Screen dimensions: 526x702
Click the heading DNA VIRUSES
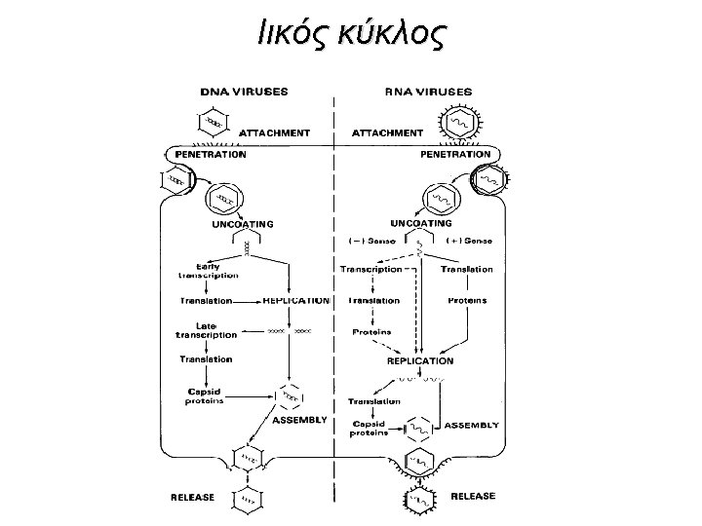click(243, 92)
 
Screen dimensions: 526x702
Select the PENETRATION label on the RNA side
click(454, 154)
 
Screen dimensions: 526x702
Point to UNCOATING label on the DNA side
click(243, 223)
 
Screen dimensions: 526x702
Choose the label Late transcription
click(206, 329)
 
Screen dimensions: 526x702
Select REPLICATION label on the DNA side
click(296, 301)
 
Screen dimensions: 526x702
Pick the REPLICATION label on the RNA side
click(421, 360)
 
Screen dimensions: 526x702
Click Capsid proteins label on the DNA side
click(206, 395)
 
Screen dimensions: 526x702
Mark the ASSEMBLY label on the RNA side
click(472, 426)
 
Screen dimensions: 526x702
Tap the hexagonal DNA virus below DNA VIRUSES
click(212, 123)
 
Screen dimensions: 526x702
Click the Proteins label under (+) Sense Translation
click(467, 301)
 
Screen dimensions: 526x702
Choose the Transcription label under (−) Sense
click(370, 270)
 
